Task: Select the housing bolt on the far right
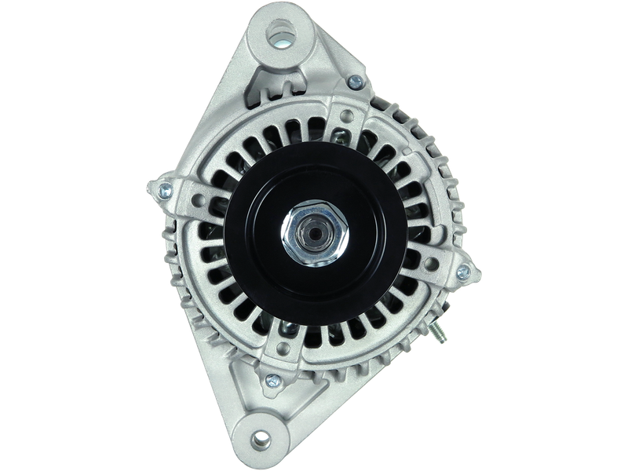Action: [x=462, y=272]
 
